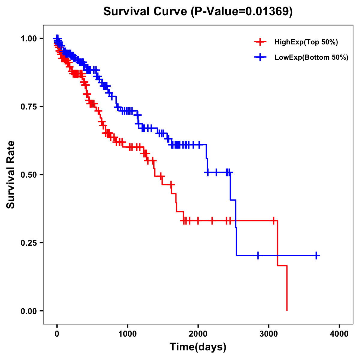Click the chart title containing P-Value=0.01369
pyautogui.click(x=198, y=11)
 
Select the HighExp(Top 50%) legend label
pyautogui.click(x=306, y=42)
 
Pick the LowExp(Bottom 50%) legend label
pyautogui.click(x=311, y=58)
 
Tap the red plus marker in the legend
pyautogui.click(x=260, y=42)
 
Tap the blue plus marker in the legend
pyautogui.click(x=260, y=57)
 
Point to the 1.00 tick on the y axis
pyautogui.click(x=29, y=38)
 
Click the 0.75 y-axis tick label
pyautogui.click(x=29, y=106)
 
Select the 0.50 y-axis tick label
pyautogui.click(x=29, y=175)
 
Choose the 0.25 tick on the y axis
pyautogui.click(x=29, y=243)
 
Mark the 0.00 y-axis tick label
pyautogui.click(x=29, y=311)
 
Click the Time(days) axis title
pyautogui.click(x=198, y=347)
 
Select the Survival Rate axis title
pyautogui.click(x=11, y=175)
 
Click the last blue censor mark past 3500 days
pyautogui.click(x=316, y=255)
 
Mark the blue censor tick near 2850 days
pyautogui.click(x=258, y=255)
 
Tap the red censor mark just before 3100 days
pyautogui.click(x=273, y=221)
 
